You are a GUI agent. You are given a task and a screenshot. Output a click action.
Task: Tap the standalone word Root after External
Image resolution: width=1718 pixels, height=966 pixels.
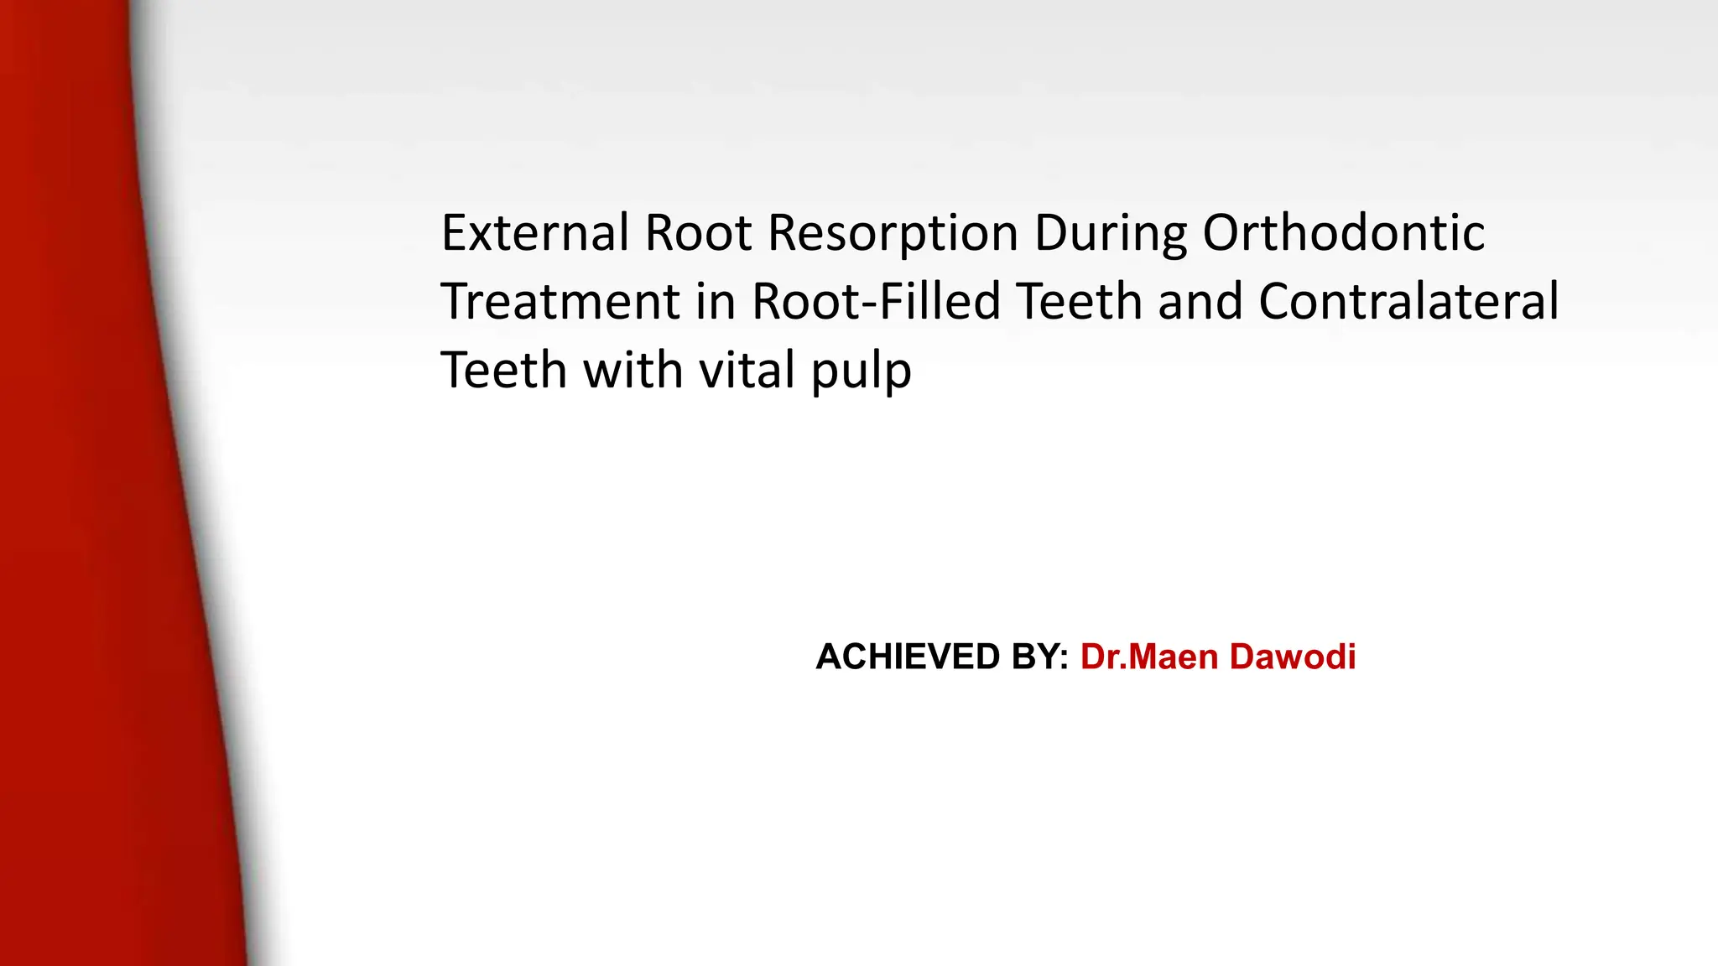pos(698,232)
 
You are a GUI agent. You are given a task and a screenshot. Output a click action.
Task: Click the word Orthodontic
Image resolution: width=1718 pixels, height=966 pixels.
pos(1344,232)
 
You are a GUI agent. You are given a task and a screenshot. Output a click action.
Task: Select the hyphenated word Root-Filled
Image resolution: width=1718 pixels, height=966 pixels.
pos(876,302)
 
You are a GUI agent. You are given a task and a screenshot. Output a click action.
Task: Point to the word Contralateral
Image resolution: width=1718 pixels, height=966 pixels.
pos(1408,302)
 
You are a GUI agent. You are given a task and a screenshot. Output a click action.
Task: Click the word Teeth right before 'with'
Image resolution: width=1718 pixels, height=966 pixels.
pos(504,371)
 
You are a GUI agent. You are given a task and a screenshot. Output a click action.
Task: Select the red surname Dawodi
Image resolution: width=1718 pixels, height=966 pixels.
pos(1293,657)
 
